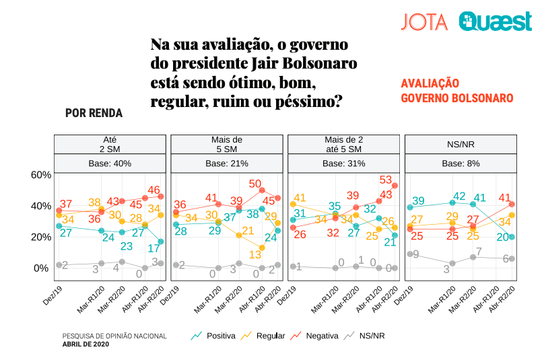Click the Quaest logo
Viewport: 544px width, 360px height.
tap(496, 22)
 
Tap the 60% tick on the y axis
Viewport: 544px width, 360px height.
tap(42, 175)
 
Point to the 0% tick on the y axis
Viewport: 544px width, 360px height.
tap(42, 268)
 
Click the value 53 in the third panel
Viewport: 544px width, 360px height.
tap(386, 180)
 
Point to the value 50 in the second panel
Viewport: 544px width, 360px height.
tap(255, 184)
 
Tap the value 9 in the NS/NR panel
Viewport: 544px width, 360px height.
tap(416, 254)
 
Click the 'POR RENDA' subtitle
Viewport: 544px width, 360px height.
tap(94, 113)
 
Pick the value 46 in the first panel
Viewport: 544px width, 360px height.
tap(154, 190)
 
